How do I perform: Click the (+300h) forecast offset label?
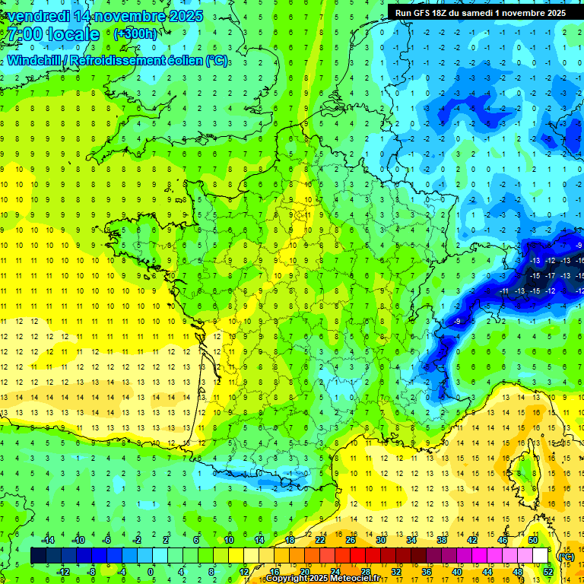point(135,34)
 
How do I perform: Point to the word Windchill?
point(34,61)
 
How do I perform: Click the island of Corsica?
point(523,471)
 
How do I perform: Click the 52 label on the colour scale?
point(547,571)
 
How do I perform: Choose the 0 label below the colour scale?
point(151,571)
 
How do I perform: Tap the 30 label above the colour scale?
point(380,539)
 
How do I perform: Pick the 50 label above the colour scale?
point(532,539)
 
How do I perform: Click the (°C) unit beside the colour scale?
point(566,556)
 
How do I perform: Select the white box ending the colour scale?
point(540,555)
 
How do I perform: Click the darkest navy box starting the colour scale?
point(38,555)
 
